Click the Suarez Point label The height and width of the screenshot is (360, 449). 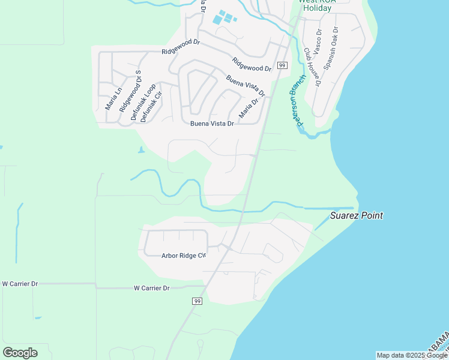357,216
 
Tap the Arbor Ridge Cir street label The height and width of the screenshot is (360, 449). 184,256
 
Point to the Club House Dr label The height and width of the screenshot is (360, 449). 313,67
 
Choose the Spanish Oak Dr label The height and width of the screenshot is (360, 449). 331,48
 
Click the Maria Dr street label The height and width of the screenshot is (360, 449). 249,108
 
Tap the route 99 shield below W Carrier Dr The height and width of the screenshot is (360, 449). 197,301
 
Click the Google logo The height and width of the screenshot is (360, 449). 20,353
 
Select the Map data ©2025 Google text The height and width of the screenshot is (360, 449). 412,355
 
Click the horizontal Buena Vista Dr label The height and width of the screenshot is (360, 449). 211,124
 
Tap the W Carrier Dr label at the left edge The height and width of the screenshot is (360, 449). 20,283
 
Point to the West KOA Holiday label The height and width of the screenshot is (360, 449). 318,5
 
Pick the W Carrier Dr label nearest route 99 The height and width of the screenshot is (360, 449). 151,288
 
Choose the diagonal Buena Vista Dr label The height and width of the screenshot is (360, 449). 246,86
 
